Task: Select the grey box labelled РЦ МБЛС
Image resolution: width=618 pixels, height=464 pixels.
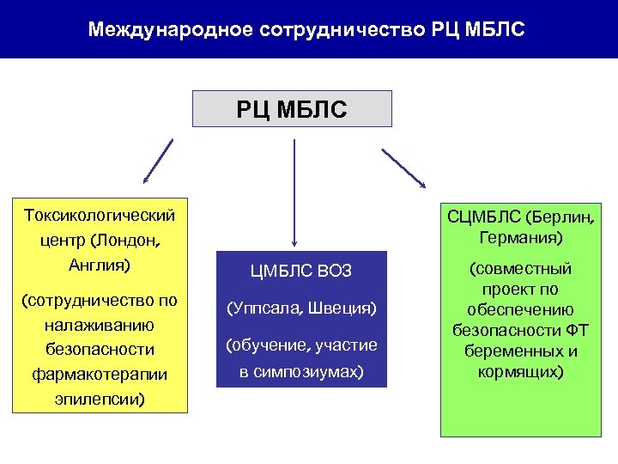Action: (x=293, y=109)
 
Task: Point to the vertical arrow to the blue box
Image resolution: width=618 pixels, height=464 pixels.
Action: (x=294, y=193)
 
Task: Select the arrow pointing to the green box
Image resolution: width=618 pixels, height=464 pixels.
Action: (x=403, y=168)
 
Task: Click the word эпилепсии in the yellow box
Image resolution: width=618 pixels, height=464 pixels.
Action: (x=100, y=399)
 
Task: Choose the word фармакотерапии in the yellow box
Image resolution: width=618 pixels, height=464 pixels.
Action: (x=100, y=375)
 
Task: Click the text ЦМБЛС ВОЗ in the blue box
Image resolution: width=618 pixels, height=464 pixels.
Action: (x=301, y=272)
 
